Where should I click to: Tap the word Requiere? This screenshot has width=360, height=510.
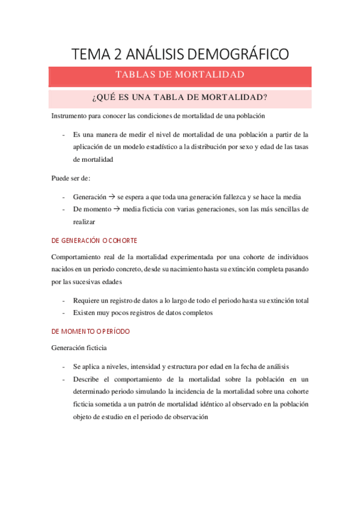pyautogui.click(x=88, y=300)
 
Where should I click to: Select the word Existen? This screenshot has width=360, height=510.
pyautogui.click(x=85, y=313)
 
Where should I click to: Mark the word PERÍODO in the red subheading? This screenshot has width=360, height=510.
pyautogui.click(x=115, y=331)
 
